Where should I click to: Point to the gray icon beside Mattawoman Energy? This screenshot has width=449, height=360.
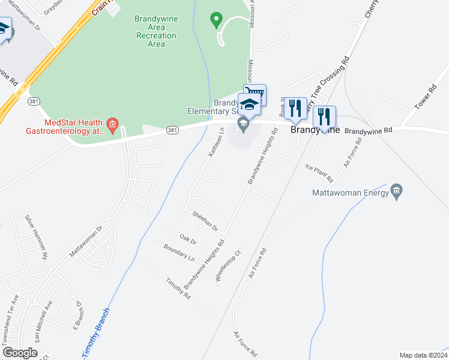pos(396,192)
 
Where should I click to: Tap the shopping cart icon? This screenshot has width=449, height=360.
pos(255,94)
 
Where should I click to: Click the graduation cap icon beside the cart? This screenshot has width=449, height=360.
pos(249,105)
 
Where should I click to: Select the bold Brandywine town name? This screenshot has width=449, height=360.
pos(315,130)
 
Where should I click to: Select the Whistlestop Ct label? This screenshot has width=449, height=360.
pos(228,266)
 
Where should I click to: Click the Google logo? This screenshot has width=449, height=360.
pos(19,353)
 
